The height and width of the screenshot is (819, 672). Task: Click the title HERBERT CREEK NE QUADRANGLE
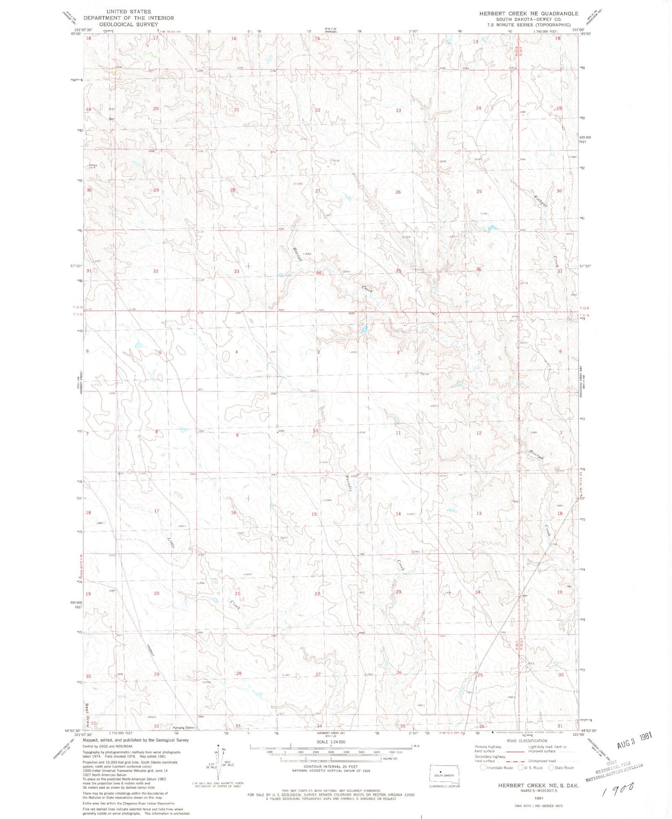529,13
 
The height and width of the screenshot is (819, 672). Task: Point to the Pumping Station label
184,727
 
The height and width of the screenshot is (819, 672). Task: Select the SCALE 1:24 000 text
331,742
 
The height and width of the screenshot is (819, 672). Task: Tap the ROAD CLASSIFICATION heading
527,741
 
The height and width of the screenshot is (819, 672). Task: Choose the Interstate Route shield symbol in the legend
483,768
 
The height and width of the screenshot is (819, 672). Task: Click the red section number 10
315,431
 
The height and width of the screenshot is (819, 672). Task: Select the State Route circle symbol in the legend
552,768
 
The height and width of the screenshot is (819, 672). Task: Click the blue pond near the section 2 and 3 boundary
364,330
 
